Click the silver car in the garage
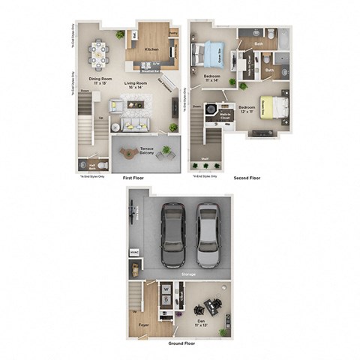pos(208,231)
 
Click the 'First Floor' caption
pos(132,178)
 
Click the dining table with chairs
pos(97,52)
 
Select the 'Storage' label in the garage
pos(188,274)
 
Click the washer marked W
pos(166,287)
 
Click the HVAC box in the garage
pos(135,253)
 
